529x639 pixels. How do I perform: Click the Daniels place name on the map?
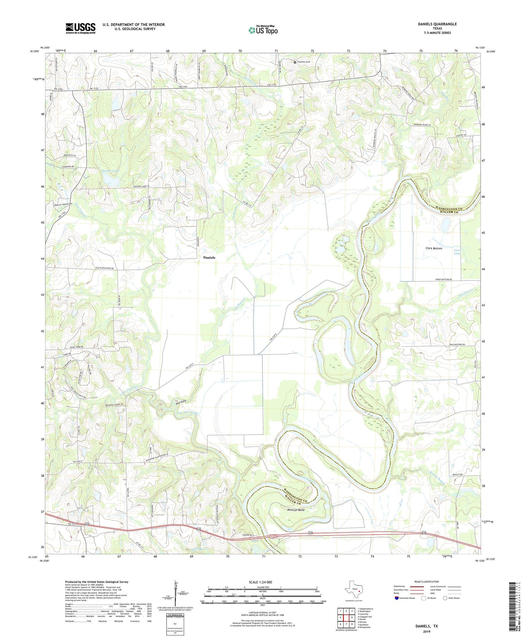click(209, 258)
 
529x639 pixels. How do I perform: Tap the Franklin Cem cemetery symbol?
click(295, 62)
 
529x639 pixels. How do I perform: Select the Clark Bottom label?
click(433, 248)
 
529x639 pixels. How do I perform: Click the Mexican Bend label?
click(296, 510)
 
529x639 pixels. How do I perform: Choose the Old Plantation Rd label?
click(105, 268)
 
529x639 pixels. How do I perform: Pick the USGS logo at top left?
click(80, 28)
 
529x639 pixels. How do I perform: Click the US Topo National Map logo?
click(263, 30)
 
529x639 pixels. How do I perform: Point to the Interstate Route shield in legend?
click(397, 598)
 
